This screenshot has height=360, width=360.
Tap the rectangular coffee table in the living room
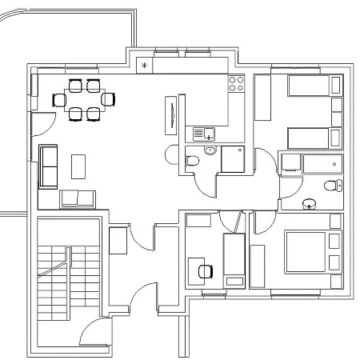point(78,166)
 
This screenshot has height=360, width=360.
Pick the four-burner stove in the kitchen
point(238,82)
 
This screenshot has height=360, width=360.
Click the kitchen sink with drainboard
point(205,133)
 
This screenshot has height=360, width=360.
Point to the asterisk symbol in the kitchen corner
point(144,65)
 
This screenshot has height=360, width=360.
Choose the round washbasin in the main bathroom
point(307,203)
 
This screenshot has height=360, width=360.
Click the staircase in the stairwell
point(68,281)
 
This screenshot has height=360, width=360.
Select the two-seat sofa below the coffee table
point(78,198)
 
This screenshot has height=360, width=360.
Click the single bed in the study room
point(233,260)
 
